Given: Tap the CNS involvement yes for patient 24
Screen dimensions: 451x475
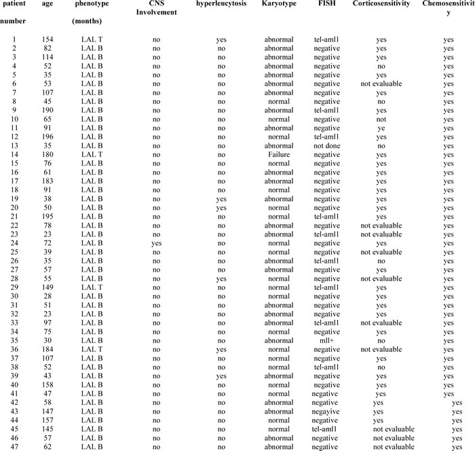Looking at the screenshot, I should point(156,242).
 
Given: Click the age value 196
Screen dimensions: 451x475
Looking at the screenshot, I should point(48,137).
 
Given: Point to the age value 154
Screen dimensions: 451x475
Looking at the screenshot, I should point(48,39).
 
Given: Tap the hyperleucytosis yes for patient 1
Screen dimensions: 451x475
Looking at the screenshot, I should point(221,39).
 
